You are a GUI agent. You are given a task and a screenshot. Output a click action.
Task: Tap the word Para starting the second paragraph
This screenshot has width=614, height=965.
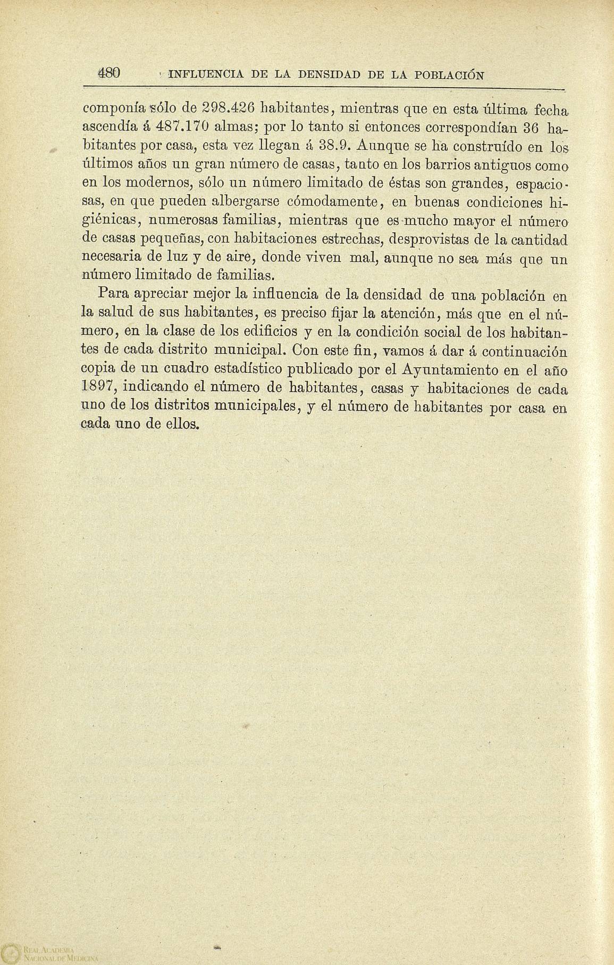[115, 294]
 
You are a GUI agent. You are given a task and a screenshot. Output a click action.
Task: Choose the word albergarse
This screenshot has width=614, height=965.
[247, 202]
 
